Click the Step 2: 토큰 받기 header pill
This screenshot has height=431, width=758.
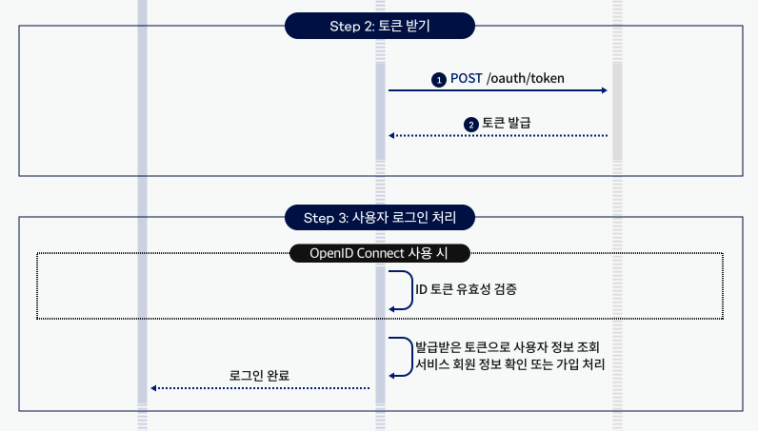pos(380,26)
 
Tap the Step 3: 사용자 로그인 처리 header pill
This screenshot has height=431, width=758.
pos(380,218)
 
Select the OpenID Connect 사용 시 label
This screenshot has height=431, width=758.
pos(380,253)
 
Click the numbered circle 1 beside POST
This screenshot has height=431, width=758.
pos(439,80)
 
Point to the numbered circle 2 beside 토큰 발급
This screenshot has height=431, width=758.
pos(470,125)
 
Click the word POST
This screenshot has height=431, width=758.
pos(466,79)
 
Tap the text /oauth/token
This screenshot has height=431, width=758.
pos(526,79)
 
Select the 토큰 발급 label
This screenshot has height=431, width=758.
pos(507,124)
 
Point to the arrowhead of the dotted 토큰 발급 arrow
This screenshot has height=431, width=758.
pos(391,136)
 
